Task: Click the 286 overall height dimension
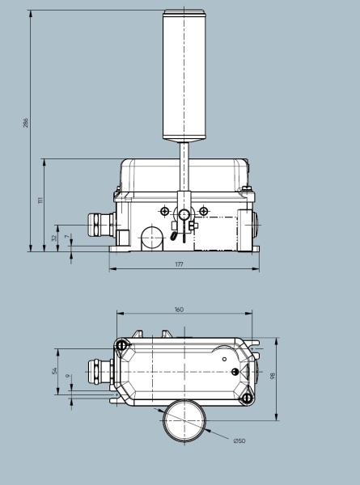26,122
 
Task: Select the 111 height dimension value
40,199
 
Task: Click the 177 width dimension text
178,264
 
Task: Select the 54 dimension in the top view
55,370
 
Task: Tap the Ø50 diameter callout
239,441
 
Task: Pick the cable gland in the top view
98,373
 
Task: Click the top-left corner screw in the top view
122,346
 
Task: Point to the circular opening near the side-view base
150,237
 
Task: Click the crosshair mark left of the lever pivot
165,211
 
